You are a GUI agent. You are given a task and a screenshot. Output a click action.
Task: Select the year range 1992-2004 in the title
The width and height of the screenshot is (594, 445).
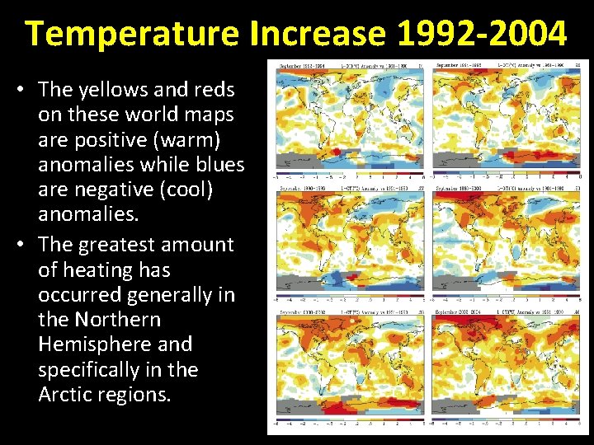(481, 34)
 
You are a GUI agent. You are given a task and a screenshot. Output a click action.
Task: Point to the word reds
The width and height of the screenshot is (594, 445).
(214, 90)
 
